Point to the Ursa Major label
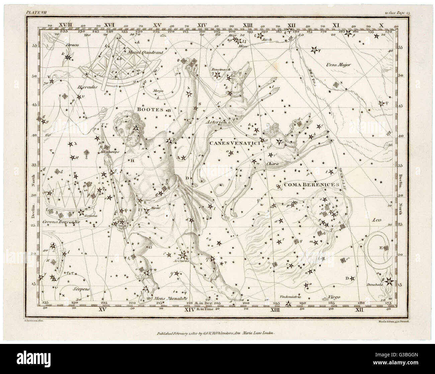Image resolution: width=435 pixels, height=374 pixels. click(x=340, y=65)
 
